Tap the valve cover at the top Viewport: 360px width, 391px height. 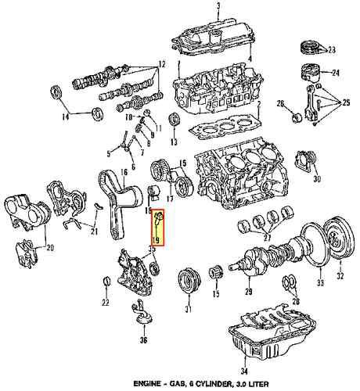[214, 35]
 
